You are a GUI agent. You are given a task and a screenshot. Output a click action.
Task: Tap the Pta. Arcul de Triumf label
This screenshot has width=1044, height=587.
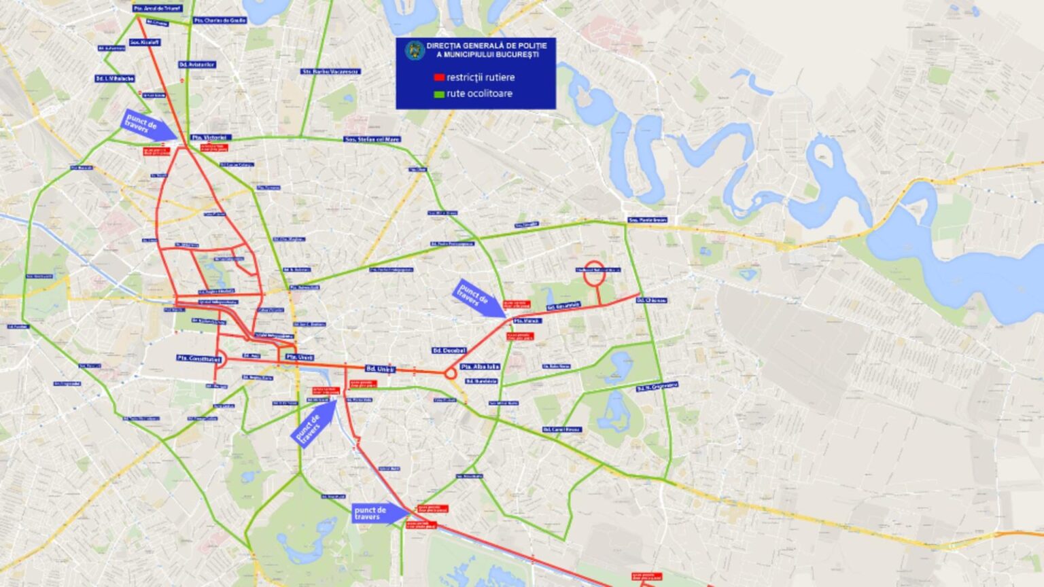(157, 8)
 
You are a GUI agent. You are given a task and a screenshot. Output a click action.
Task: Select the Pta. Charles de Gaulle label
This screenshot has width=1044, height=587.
(220, 20)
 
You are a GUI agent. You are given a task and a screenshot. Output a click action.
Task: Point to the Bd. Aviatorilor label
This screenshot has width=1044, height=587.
(197, 65)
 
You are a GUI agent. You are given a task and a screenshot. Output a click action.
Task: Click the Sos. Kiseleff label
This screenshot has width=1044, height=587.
(145, 42)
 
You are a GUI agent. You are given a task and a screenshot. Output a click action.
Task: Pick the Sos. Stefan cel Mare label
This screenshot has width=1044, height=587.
(372, 139)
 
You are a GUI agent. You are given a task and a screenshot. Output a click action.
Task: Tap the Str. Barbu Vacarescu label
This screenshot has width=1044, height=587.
(331, 71)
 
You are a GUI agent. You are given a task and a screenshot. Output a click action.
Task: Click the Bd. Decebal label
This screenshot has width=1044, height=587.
(449, 351)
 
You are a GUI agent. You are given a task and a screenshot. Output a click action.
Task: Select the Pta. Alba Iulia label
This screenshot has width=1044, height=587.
(480, 367)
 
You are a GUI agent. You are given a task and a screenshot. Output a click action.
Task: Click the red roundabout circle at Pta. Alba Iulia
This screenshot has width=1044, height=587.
(450, 374)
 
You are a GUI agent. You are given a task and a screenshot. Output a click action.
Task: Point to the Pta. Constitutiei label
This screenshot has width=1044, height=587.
(198, 358)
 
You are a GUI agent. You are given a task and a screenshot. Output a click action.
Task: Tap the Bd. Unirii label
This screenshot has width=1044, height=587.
(381, 369)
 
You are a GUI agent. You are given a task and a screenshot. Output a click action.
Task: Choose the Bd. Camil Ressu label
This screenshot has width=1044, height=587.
(562, 429)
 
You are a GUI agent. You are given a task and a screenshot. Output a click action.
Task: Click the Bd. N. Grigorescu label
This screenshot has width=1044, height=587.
(657, 387)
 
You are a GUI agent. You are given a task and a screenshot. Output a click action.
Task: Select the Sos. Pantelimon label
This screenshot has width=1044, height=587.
(647, 220)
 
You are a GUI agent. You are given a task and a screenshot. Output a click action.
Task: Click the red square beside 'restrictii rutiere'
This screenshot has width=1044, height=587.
(439, 77)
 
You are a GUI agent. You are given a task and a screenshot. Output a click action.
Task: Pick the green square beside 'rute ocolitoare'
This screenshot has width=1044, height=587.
(439, 94)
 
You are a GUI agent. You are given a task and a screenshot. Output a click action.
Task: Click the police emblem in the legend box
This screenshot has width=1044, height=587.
(414, 50)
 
